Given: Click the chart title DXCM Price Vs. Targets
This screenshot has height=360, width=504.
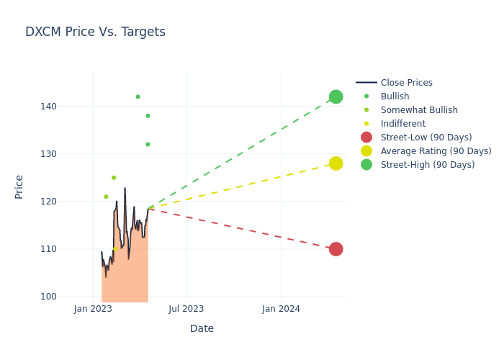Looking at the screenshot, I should [95, 32].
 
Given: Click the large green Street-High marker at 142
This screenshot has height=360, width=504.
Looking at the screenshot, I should [336, 96].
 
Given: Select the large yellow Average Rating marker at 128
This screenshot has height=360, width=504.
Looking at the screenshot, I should [336, 163].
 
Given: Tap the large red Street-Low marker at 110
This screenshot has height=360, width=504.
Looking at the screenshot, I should [336, 249].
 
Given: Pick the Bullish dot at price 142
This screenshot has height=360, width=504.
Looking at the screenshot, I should [138, 96].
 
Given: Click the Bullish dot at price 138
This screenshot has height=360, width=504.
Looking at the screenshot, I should [148, 116].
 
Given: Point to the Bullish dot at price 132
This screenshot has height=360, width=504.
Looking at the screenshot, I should [148, 144].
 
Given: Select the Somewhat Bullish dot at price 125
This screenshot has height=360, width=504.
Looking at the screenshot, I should [114, 178].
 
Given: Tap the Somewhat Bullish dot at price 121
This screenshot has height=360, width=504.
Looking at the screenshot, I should [106, 197].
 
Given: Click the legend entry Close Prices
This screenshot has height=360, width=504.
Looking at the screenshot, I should [406, 83].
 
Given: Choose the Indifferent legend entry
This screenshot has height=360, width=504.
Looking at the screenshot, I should [403, 124].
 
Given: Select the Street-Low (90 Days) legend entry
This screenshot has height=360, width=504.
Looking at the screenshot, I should [426, 138].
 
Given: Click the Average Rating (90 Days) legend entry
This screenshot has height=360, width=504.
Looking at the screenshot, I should [436, 151].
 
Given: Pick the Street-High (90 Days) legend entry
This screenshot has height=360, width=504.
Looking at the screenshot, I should [427, 165].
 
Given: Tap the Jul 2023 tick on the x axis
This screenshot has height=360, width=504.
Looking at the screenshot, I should [186, 309].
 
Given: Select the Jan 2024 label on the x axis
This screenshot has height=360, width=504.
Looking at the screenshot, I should [281, 309].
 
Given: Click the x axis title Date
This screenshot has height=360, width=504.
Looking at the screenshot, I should [202, 328].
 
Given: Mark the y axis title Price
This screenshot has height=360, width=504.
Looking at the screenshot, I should [19, 186].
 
